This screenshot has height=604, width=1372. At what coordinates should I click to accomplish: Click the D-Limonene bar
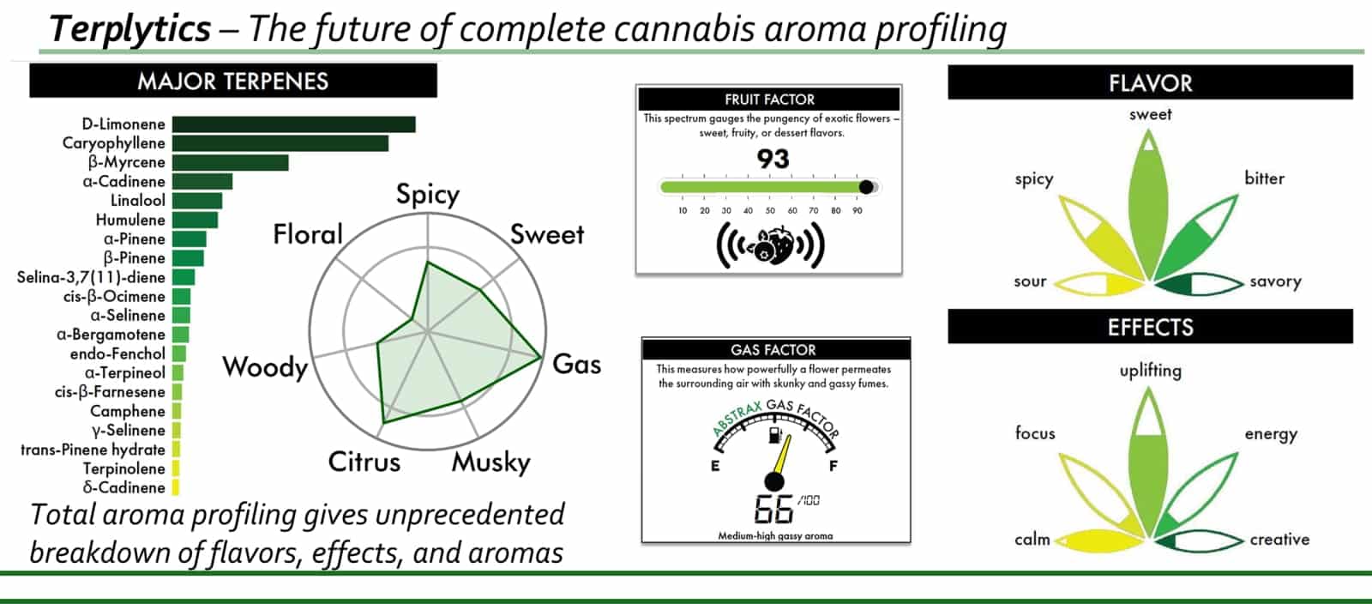click(293, 124)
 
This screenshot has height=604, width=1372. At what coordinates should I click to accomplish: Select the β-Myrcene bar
click(231, 162)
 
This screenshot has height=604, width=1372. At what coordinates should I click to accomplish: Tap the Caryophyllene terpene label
click(114, 143)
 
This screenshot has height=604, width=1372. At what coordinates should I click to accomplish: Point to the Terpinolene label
click(124, 468)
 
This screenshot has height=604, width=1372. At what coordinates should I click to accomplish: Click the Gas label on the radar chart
click(576, 365)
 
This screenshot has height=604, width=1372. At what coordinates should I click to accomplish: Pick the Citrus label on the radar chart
click(364, 462)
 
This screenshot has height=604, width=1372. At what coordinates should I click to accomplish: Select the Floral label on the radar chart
click(308, 234)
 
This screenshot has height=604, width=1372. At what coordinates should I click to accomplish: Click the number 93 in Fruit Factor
click(773, 160)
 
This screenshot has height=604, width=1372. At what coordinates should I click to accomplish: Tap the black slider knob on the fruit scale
click(866, 187)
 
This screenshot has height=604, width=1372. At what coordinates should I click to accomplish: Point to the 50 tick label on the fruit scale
click(770, 211)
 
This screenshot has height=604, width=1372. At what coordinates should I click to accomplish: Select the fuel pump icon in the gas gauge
click(775, 435)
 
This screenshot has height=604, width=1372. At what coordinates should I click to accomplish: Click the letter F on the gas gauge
click(833, 466)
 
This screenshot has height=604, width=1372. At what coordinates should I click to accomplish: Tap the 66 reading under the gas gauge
click(773, 509)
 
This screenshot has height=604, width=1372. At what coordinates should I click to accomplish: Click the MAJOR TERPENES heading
click(232, 82)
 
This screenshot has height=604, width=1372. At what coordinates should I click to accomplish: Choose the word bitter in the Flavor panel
click(1264, 178)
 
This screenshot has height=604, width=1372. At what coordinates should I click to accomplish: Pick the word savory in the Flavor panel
click(1275, 281)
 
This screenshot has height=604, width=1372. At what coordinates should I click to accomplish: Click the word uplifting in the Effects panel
click(1150, 371)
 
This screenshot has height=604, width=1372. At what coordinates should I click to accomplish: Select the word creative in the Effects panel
click(1279, 540)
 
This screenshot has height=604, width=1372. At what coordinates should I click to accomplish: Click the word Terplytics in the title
click(129, 29)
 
